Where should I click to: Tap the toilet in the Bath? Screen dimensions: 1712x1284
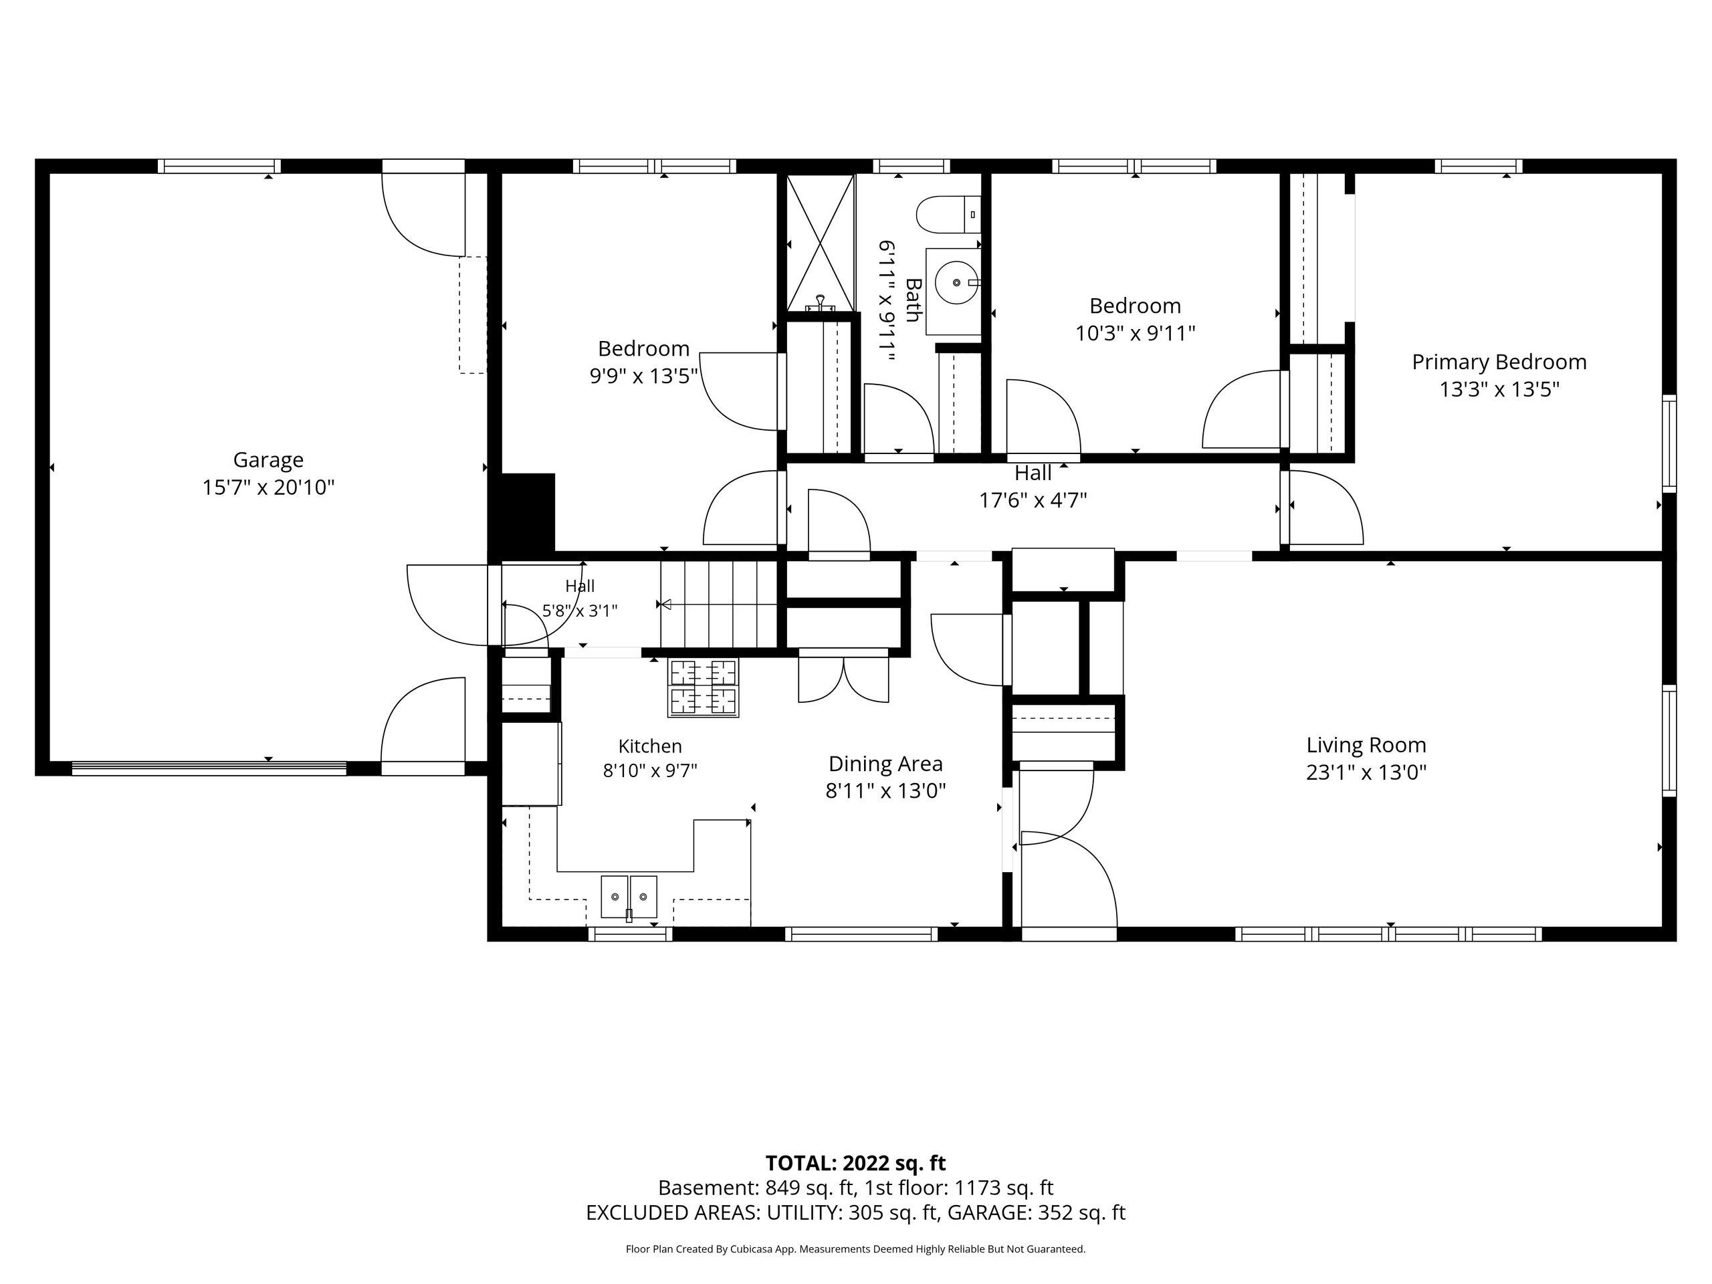pyautogui.click(x=949, y=215)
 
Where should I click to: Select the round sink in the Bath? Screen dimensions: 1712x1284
pyautogui.click(x=958, y=284)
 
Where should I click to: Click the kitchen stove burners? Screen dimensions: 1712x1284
pyautogui.click(x=703, y=687)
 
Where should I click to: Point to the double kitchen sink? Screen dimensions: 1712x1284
pyautogui.click(x=629, y=897)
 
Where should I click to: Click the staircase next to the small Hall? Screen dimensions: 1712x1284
pyautogui.click(x=718, y=604)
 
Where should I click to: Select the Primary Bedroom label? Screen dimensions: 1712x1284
pyautogui.click(x=1499, y=362)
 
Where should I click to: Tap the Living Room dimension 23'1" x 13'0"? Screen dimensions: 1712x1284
pyautogui.click(x=1366, y=772)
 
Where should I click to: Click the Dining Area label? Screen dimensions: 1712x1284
pyautogui.click(x=885, y=764)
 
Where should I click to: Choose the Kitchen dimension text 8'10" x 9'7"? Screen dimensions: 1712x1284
pyautogui.click(x=650, y=771)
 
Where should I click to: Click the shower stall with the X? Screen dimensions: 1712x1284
pyautogui.click(x=820, y=243)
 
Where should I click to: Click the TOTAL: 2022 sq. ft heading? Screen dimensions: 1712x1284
pyautogui.click(x=855, y=1163)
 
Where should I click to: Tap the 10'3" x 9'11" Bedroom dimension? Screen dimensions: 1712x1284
pyautogui.click(x=1136, y=334)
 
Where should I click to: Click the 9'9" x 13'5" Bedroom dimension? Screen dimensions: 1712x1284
pyautogui.click(x=644, y=376)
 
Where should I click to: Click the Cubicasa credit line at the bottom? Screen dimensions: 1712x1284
pyautogui.click(x=855, y=1249)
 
